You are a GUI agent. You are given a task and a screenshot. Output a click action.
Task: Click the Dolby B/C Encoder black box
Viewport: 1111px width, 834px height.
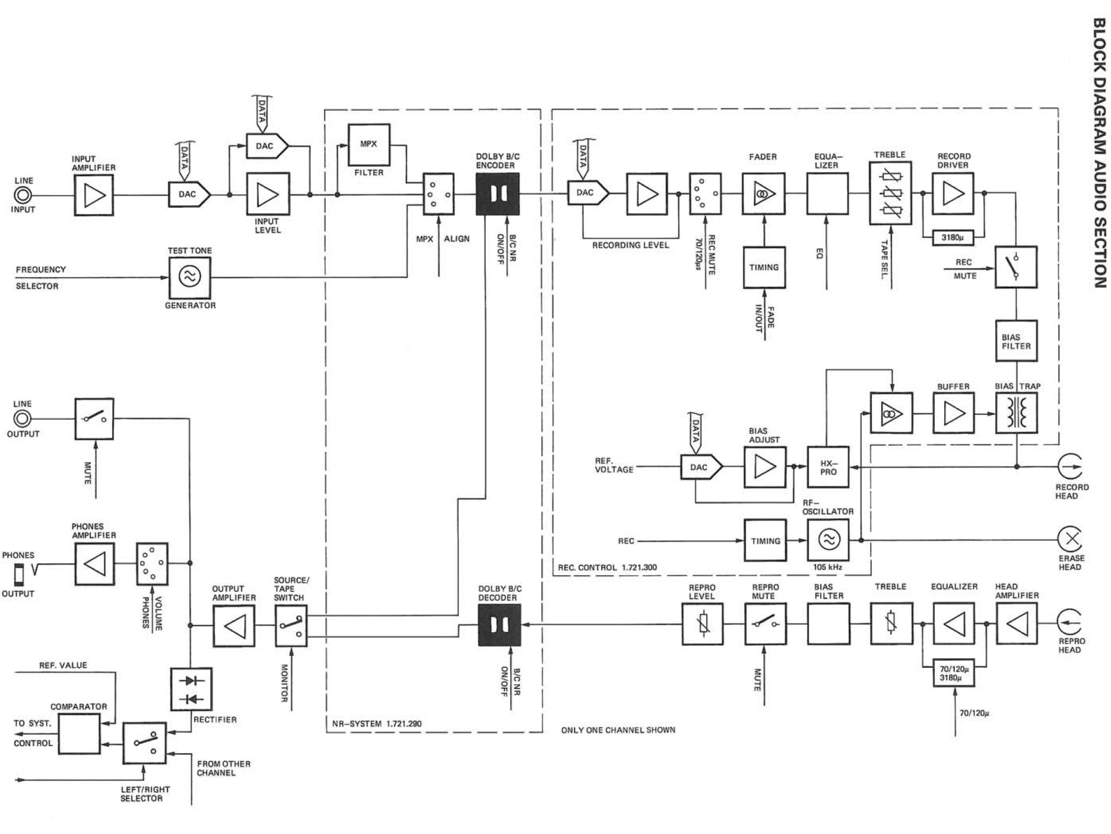click(497, 194)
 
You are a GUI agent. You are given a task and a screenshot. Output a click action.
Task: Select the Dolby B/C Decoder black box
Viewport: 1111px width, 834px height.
click(499, 625)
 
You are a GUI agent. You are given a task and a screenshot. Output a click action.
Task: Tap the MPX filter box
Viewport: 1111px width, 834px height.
click(369, 144)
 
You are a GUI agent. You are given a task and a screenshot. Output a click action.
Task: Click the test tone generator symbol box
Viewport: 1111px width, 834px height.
click(190, 277)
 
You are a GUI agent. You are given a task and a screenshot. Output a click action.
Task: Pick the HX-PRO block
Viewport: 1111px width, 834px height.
click(828, 467)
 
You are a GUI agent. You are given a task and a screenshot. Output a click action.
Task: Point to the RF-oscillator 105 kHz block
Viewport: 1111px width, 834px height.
click(828, 540)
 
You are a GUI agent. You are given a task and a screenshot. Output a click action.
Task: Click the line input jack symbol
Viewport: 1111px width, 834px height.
click(23, 195)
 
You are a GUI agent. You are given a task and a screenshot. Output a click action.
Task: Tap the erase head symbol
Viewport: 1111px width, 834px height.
click(1070, 540)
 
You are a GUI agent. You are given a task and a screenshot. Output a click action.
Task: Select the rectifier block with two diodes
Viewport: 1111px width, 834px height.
click(191, 689)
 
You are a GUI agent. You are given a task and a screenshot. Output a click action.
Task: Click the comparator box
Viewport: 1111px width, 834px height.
click(79, 734)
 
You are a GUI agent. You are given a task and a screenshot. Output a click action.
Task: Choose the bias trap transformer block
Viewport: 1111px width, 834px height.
click(1016, 413)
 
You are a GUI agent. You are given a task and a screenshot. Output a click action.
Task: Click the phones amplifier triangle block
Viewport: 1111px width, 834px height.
click(95, 564)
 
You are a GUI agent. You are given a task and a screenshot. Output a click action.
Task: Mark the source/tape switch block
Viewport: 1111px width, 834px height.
click(291, 626)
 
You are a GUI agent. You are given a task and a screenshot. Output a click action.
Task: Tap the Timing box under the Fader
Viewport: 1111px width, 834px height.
click(764, 268)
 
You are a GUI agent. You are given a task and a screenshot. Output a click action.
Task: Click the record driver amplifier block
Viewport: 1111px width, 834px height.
click(953, 194)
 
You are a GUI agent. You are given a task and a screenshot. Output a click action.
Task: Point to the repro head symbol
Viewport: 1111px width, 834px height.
click(1070, 623)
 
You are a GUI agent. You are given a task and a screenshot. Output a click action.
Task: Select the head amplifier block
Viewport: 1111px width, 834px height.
click(1017, 624)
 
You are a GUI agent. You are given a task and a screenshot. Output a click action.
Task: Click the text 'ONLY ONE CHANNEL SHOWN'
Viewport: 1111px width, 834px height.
click(618, 730)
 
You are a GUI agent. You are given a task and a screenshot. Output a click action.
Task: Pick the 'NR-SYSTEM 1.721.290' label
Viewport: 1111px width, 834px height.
click(377, 724)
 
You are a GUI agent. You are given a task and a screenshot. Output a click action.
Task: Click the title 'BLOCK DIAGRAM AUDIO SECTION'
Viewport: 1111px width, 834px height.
click(1099, 153)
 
